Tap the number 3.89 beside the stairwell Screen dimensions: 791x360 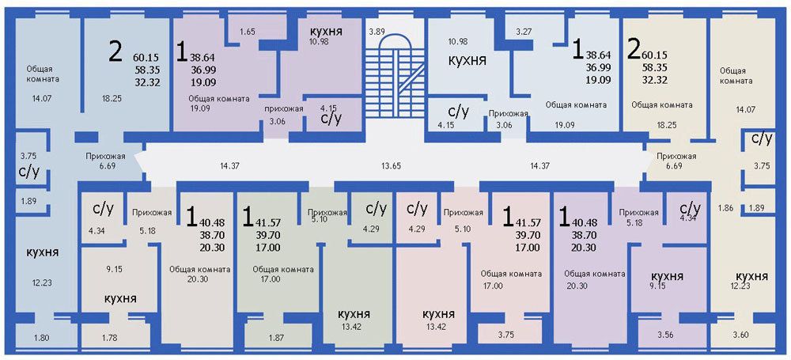pos(377,32)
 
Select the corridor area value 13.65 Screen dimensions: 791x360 pos(391,165)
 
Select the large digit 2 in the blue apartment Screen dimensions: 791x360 pos(115,51)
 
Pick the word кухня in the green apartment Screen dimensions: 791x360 pos(354,314)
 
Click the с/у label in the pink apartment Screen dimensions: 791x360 pos(417,208)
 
